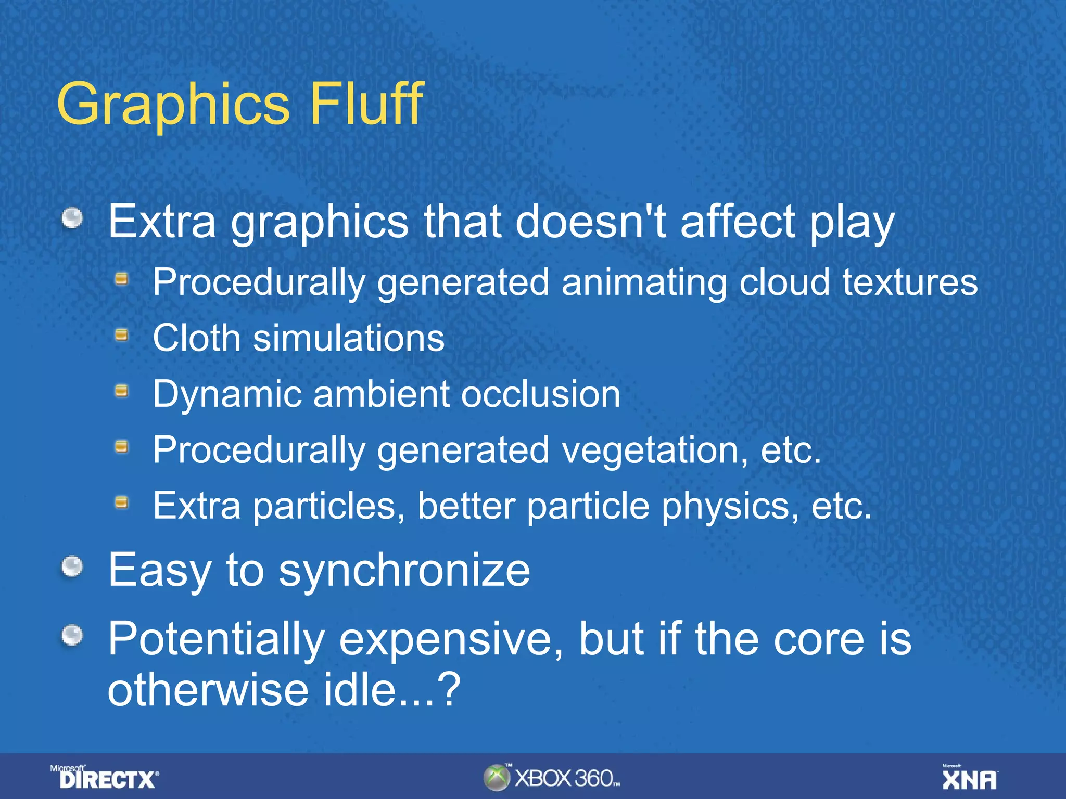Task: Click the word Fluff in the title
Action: [366, 104]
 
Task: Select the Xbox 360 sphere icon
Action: [496, 778]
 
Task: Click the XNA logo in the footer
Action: [969, 779]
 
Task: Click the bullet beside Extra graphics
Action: [72, 218]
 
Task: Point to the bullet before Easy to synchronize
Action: [72, 566]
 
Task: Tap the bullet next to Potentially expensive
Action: [72, 635]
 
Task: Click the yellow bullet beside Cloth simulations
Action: [121, 335]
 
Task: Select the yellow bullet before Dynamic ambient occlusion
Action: [121, 391]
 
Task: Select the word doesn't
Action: [590, 222]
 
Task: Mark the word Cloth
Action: [196, 338]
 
